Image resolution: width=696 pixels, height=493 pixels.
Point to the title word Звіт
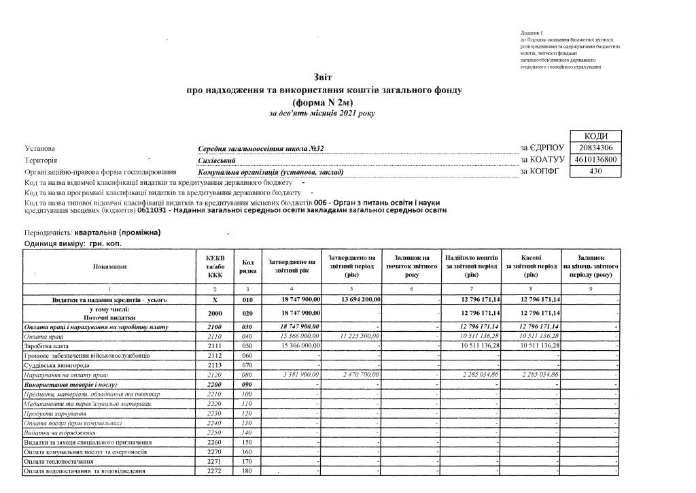click(324, 78)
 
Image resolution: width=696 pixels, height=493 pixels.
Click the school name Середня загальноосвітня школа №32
click(247, 149)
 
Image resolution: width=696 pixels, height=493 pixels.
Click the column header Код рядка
click(248, 267)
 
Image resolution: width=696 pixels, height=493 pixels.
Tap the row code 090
click(247, 384)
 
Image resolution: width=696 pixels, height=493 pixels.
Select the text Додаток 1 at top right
click(532, 33)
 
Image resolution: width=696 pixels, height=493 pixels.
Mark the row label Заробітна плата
click(45, 345)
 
